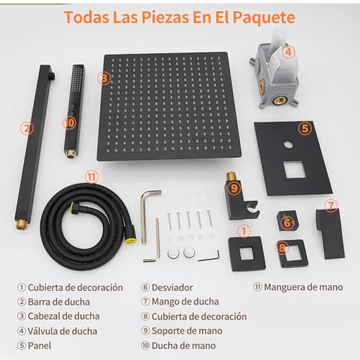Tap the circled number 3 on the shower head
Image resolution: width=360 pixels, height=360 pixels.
click(x=105, y=78)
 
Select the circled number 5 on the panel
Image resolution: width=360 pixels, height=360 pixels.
click(x=305, y=129)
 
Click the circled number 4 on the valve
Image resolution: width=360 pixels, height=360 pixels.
click(x=288, y=51)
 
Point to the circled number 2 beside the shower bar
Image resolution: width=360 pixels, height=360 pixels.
click(x=27, y=130)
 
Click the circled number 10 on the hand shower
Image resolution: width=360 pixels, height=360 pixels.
click(x=69, y=122)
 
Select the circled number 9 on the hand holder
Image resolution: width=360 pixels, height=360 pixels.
click(x=235, y=188)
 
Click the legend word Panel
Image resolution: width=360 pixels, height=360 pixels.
click(x=41, y=345)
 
